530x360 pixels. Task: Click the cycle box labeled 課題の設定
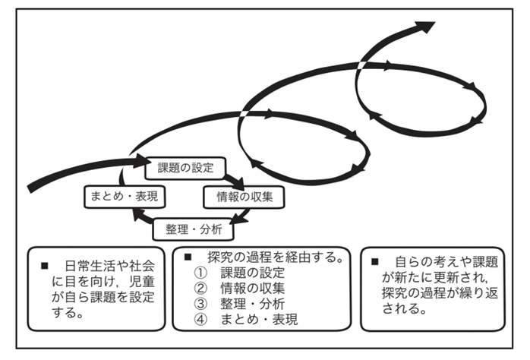pos(185,167)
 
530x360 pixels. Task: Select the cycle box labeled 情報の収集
pos(238,196)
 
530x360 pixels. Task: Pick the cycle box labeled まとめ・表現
pos(124,196)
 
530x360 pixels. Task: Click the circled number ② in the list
pos(201,289)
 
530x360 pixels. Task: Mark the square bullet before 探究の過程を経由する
pos(191,257)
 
